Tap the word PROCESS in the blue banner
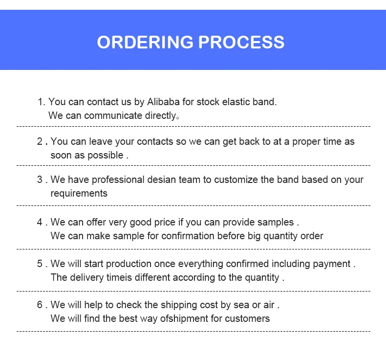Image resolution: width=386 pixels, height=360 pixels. (241, 42)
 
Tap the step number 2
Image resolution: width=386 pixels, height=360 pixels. (40, 141)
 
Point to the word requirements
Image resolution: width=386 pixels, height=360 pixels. (79, 193)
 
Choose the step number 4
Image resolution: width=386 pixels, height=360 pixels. (40, 222)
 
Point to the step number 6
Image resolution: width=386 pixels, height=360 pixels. (40, 305)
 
